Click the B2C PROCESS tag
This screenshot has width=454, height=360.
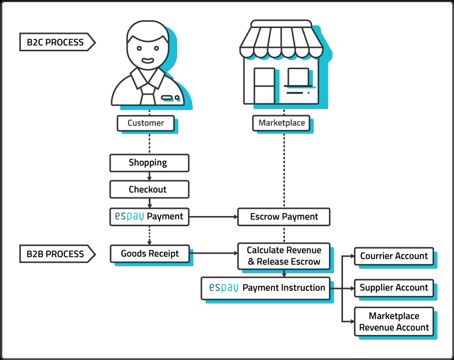coord(56,42)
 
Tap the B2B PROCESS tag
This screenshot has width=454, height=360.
coord(56,254)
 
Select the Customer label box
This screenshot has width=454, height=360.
coord(146,123)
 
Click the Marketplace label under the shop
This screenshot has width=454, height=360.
coord(282,123)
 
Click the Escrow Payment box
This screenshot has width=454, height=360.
coord(284,217)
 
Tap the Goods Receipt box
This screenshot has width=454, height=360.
coord(149,254)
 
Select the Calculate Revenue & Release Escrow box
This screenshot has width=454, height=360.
coord(284,256)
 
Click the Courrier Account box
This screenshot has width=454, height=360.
coord(394,256)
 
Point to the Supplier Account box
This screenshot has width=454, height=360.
coord(394,288)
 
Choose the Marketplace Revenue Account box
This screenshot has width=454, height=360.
coord(394,322)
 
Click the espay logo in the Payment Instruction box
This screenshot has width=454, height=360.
coord(224,288)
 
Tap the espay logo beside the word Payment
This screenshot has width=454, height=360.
coord(129,217)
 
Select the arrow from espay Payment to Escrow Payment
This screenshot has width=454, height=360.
coord(213,217)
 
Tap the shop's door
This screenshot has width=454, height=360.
coord(264,86)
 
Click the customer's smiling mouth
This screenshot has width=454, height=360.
coord(147,61)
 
